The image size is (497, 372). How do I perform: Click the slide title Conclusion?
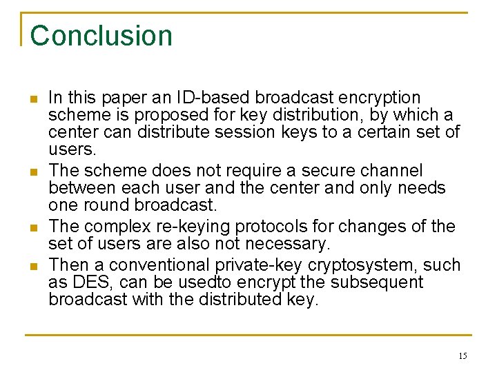[101, 36]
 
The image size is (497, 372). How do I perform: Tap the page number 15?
[462, 356]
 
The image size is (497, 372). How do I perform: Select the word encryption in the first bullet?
[378, 98]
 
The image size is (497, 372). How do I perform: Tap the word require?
[244, 170]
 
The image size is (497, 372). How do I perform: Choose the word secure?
[319, 170]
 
